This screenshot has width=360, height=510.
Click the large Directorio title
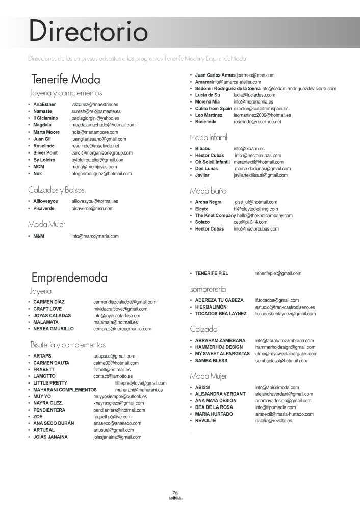click(x=88, y=32)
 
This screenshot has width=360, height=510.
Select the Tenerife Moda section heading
click(x=66, y=80)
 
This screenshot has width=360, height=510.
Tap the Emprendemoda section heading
click(x=69, y=278)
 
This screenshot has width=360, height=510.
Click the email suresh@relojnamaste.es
click(x=96, y=111)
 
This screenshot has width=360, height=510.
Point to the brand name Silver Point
click(x=45, y=153)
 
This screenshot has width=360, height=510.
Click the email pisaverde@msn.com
click(x=92, y=209)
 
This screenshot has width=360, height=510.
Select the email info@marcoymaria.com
click(x=95, y=237)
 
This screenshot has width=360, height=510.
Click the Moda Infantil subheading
click(x=209, y=137)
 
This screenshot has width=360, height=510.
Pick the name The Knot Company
click(x=215, y=216)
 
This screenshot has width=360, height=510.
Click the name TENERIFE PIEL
click(x=212, y=274)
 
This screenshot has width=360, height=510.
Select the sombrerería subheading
click(x=208, y=289)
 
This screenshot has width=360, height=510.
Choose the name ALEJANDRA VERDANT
click(x=220, y=394)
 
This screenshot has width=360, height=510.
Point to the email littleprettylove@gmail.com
click(x=141, y=383)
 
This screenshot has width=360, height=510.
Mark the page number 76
click(x=175, y=493)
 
